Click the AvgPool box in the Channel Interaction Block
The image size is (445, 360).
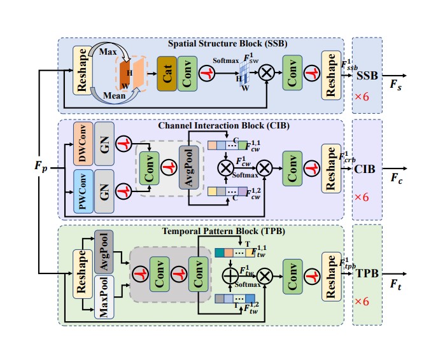pyautogui.click(x=189, y=167)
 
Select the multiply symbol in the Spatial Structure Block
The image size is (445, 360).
pyautogui.click(x=267, y=73)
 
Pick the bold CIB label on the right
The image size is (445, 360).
pyautogui.click(x=367, y=169)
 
